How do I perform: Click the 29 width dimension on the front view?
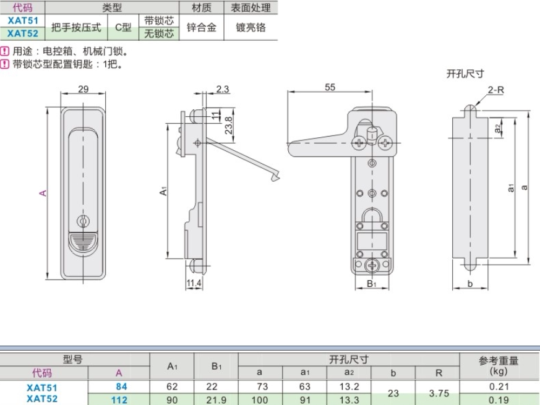[84, 89]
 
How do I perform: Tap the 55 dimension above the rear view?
[330, 87]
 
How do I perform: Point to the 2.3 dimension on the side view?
[223, 89]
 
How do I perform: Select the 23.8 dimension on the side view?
[229, 126]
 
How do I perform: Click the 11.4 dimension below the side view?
[194, 283]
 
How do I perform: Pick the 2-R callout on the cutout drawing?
[495, 90]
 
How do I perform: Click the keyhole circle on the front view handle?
[83, 221]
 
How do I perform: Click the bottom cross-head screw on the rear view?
[372, 265]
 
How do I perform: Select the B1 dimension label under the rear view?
[372, 283]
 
